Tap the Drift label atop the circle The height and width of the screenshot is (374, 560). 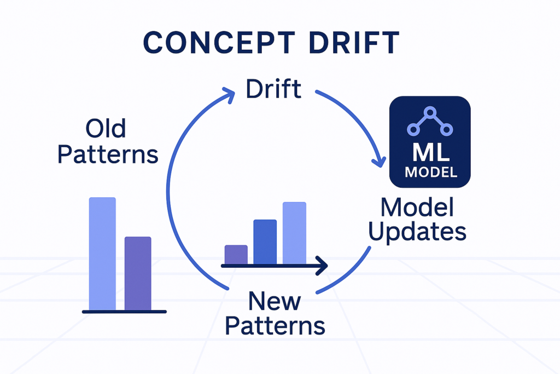(x=273, y=89)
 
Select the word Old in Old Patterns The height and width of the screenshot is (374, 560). (x=106, y=129)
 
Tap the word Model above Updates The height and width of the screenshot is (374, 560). (x=418, y=208)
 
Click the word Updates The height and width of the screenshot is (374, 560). (x=417, y=232)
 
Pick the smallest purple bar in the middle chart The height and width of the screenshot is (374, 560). (x=236, y=255)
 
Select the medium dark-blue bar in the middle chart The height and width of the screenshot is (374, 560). (x=265, y=242)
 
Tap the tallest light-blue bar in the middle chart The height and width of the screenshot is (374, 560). (x=294, y=233)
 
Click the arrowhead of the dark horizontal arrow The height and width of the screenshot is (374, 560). (x=322, y=266)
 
